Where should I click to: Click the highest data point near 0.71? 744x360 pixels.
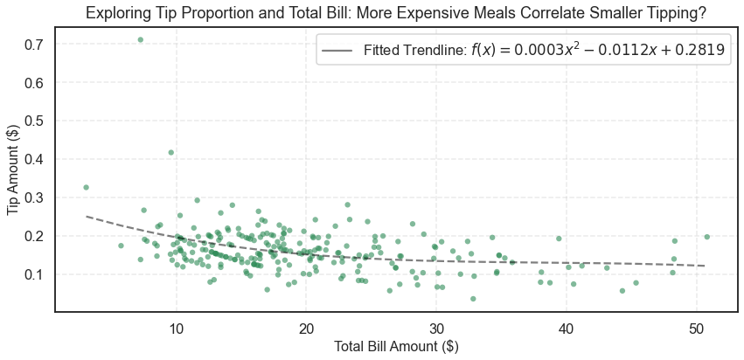140,40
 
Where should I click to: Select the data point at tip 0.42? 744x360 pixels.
170,152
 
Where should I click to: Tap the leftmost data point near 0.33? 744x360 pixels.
86,187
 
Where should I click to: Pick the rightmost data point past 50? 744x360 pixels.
706,237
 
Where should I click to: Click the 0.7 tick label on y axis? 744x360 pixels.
34,45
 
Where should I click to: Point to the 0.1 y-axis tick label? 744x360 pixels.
34,274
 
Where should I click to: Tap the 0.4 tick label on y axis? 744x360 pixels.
34,160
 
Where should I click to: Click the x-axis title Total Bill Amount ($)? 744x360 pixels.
396,347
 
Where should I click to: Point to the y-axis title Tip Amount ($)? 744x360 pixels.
14,170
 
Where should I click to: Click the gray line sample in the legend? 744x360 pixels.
337,51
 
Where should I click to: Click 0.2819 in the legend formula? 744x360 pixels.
698,51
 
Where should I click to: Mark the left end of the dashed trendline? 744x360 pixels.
86,216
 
